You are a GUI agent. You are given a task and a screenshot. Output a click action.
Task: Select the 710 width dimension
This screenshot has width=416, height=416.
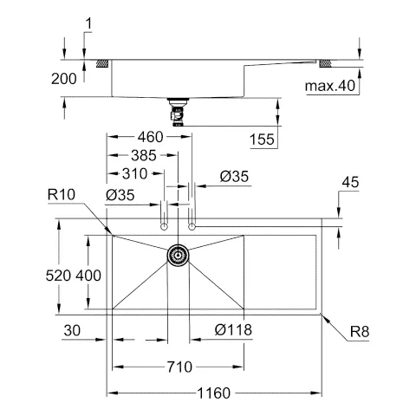(179, 366)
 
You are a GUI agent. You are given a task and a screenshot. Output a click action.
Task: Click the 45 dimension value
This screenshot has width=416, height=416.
(351, 182)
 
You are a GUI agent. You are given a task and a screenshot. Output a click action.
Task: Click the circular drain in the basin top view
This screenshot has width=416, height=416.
(178, 255)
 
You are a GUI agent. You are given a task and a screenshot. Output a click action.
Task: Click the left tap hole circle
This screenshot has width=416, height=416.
(164, 226)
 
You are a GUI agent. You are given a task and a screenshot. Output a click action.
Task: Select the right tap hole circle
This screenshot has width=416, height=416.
(192, 226)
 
